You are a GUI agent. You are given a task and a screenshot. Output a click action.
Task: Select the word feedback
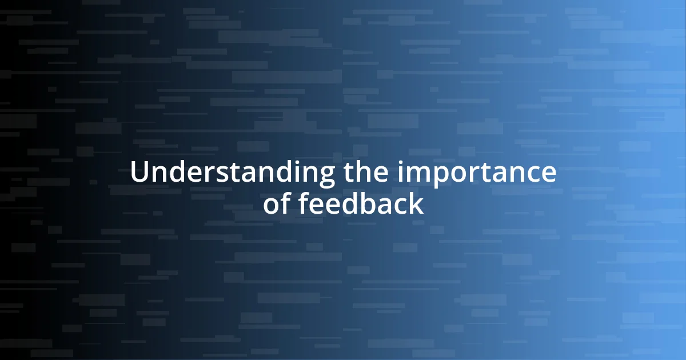pos(361,204)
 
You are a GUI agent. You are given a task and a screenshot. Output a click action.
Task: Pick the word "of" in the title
pos(277,204)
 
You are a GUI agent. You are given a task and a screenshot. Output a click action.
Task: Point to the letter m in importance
pos(416,174)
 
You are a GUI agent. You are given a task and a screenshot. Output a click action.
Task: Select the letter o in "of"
pos(271,205)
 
